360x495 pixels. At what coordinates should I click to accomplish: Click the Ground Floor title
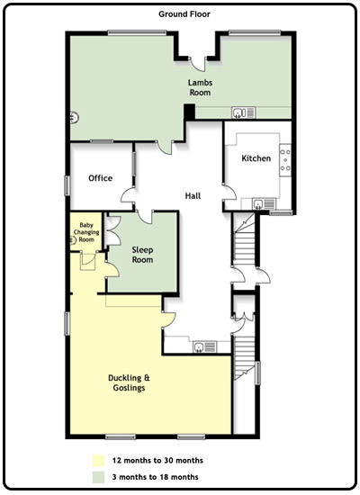click(x=184, y=14)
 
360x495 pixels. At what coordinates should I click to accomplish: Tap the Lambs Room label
click(x=200, y=87)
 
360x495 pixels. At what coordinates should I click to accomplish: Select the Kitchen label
click(x=256, y=158)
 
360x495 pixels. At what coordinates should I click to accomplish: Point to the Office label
click(x=101, y=178)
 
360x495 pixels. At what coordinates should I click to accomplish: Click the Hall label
click(x=193, y=195)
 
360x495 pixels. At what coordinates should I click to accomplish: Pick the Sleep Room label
click(x=142, y=255)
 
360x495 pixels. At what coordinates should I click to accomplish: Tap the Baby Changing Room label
click(x=86, y=232)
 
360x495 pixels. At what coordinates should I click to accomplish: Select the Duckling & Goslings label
click(x=129, y=382)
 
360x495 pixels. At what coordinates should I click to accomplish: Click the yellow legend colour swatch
click(x=98, y=461)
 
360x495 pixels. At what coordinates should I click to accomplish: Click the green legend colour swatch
click(x=98, y=477)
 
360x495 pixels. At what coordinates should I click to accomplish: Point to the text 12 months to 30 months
click(x=157, y=460)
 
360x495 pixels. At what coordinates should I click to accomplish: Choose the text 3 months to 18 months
click(x=155, y=477)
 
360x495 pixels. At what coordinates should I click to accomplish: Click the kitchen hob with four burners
click(x=285, y=159)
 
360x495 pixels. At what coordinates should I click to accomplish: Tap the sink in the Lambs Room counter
click(x=244, y=112)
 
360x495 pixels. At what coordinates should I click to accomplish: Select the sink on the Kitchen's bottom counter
click(x=264, y=204)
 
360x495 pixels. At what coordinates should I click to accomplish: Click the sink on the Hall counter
click(x=204, y=346)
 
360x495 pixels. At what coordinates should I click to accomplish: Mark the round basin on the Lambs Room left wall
click(x=74, y=118)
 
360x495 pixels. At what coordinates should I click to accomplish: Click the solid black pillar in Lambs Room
click(x=190, y=112)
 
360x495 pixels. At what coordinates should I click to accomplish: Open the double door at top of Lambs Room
click(x=198, y=64)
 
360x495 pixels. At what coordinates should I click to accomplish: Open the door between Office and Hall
click(x=127, y=195)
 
